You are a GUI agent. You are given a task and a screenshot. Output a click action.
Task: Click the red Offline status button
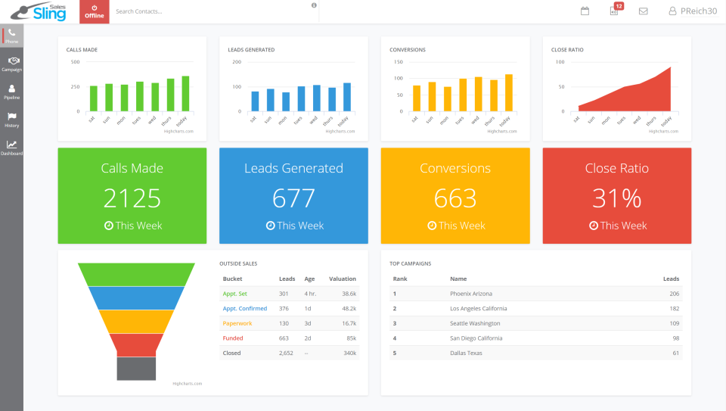(x=95, y=11)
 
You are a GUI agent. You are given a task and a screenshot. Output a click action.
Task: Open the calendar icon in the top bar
(x=585, y=11)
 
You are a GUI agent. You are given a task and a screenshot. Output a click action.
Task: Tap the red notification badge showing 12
(x=619, y=6)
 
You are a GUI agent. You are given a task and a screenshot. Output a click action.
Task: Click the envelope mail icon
(x=643, y=11)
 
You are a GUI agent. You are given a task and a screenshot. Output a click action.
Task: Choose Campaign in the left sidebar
(x=11, y=64)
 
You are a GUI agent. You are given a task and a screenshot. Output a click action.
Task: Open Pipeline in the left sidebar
(x=11, y=92)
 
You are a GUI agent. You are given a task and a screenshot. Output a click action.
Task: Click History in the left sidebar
(x=11, y=120)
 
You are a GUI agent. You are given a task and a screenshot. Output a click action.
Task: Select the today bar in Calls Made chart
(x=185, y=94)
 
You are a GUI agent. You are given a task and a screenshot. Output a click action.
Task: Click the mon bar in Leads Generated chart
(x=286, y=101)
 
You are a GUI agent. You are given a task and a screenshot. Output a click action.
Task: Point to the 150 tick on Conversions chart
(x=398, y=62)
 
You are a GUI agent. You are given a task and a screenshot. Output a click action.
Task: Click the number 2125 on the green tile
(x=132, y=198)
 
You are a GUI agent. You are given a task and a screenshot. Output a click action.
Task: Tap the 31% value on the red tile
(x=616, y=198)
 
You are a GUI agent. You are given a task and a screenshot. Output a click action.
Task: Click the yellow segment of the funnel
(x=137, y=321)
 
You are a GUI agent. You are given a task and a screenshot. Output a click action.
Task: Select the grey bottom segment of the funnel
(x=137, y=369)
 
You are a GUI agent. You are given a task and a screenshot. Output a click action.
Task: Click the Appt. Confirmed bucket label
(x=244, y=309)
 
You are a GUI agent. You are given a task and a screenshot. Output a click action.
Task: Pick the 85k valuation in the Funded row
(x=351, y=338)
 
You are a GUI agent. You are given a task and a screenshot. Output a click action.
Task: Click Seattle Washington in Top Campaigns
(x=475, y=323)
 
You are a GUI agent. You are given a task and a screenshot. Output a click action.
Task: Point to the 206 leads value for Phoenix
(x=674, y=294)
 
